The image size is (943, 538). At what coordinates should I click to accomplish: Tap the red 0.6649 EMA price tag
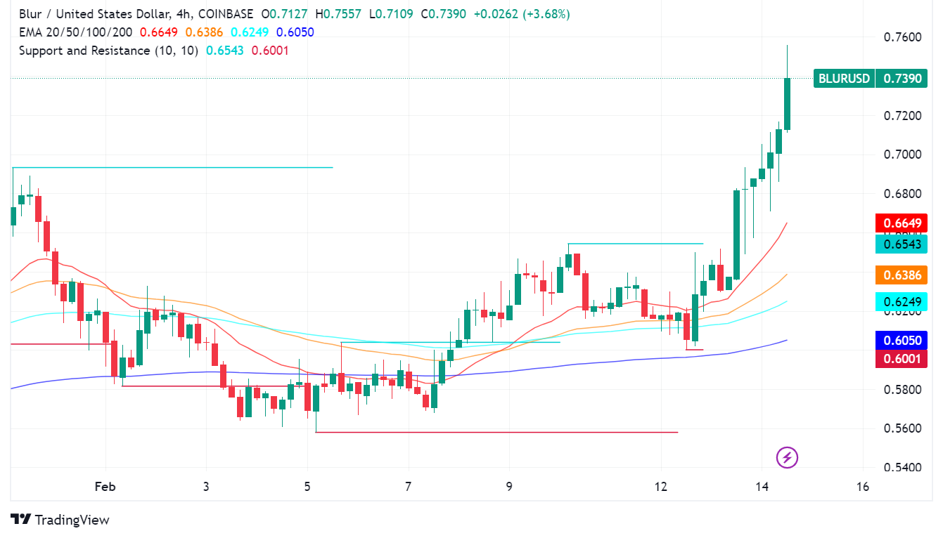point(902,223)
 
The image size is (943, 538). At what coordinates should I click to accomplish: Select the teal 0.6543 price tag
point(902,244)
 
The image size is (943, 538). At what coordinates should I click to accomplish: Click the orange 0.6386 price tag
point(902,275)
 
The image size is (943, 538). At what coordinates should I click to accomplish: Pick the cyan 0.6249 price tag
point(902,302)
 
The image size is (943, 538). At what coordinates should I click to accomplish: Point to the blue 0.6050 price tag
point(902,341)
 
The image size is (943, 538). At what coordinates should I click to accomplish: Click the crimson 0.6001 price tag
point(902,358)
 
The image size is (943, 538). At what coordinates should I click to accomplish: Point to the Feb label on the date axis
point(105,487)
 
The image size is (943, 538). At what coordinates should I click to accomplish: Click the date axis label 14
point(762,487)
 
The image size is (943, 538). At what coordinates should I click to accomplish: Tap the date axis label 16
point(864,487)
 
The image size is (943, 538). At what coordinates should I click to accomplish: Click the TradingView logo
point(60,520)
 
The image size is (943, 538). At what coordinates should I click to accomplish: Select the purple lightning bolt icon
point(787,458)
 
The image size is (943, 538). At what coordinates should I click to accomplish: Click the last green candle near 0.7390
point(787,103)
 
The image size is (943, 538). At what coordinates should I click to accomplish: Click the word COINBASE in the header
point(226,14)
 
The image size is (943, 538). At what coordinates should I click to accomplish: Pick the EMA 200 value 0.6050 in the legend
point(295,32)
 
